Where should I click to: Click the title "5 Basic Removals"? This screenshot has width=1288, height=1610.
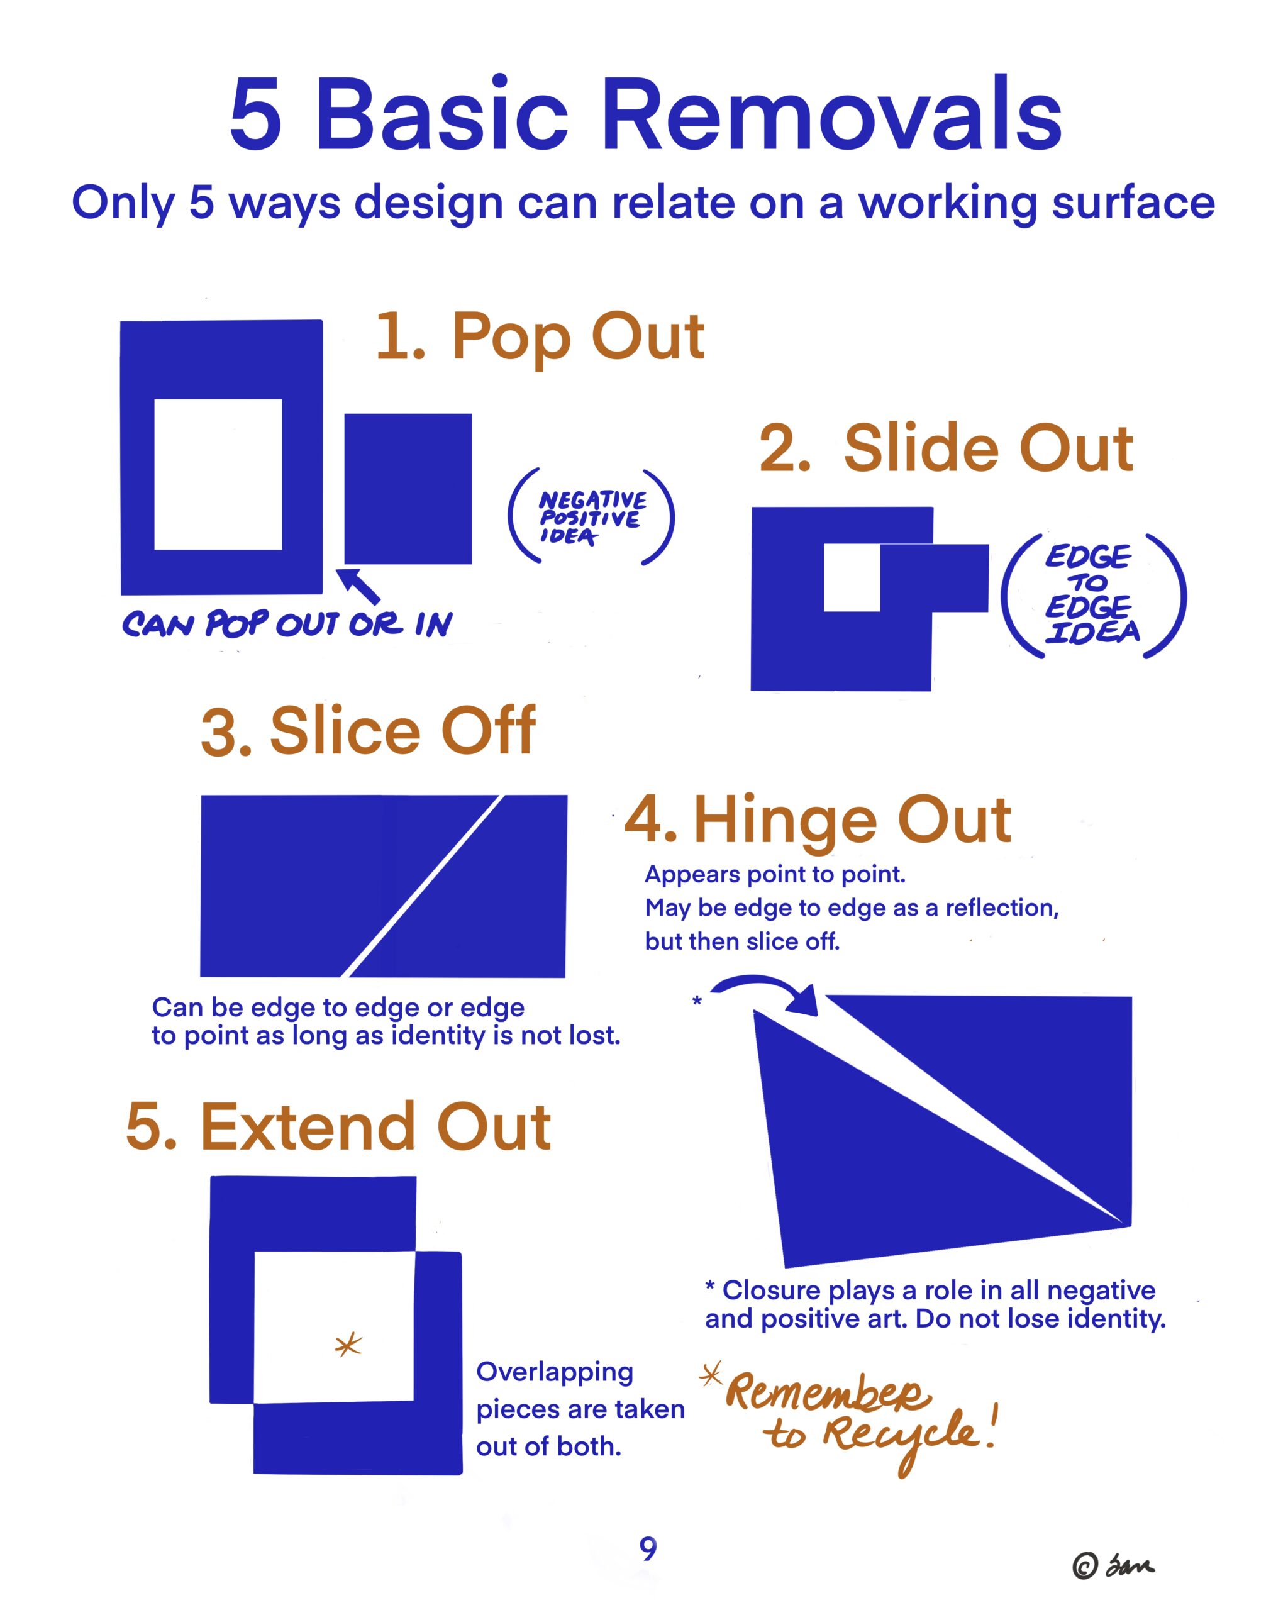(x=645, y=113)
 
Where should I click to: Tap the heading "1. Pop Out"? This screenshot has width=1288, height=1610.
(x=540, y=338)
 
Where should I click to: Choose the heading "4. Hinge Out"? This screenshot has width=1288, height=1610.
(x=818, y=821)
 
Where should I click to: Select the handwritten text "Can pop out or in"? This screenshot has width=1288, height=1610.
(x=287, y=623)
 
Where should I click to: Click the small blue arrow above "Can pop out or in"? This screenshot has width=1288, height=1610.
(x=358, y=586)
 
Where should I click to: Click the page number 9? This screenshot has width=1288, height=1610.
(x=648, y=1549)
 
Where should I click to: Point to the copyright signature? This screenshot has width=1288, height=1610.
(x=1113, y=1565)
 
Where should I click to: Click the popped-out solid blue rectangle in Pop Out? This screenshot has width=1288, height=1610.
(x=408, y=489)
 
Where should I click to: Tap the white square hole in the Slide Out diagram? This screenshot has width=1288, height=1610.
(x=852, y=578)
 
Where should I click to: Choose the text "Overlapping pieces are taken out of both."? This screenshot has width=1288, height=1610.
(x=580, y=1409)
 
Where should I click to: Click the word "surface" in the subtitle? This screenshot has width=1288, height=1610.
(x=1133, y=203)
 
